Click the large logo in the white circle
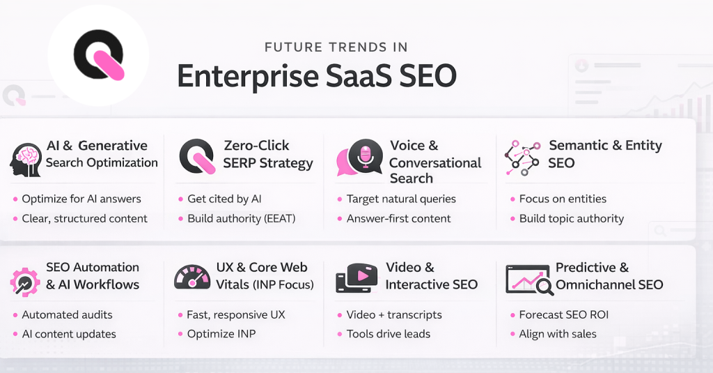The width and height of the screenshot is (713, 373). [x=98, y=56]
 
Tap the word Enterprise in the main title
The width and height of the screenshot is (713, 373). [x=249, y=76]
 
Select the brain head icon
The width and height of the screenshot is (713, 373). [x=26, y=160]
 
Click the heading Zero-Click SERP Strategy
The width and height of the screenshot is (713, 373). [x=267, y=154]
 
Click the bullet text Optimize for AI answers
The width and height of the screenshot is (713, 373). [x=81, y=199]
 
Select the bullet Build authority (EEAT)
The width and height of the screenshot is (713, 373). [x=241, y=218]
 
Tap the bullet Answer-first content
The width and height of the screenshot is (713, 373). [x=398, y=218]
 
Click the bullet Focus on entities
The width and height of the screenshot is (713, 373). [x=563, y=199]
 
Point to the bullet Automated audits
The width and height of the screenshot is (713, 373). [x=67, y=314]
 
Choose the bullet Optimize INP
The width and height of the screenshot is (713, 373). [x=221, y=334]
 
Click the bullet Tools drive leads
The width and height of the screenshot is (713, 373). [x=388, y=334]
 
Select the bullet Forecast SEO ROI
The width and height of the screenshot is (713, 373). [x=563, y=314]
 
